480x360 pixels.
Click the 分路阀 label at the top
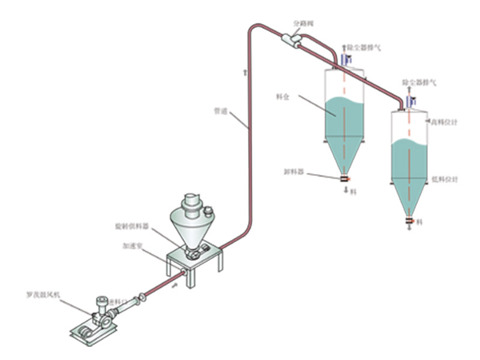304,24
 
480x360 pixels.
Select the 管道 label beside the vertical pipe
221,111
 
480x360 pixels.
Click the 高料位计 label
445,122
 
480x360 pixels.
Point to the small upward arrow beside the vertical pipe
245,73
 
